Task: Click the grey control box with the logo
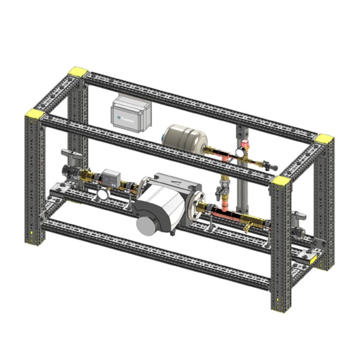(x=131, y=112)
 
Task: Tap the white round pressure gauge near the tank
(x=239, y=151)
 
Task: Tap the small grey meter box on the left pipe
(x=111, y=177)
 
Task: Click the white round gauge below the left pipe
(x=102, y=194)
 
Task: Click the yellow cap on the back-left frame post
(x=79, y=71)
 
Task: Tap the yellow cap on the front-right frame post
(x=281, y=181)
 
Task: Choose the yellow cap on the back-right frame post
(x=324, y=139)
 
